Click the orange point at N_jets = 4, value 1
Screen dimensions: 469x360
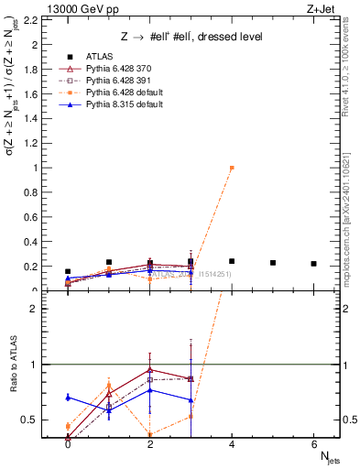232,168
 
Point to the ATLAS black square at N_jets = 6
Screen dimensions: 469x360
314,264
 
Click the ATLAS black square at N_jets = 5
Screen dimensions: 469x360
273,263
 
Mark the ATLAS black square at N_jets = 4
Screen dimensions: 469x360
232,261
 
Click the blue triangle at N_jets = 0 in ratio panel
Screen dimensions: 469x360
68,397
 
